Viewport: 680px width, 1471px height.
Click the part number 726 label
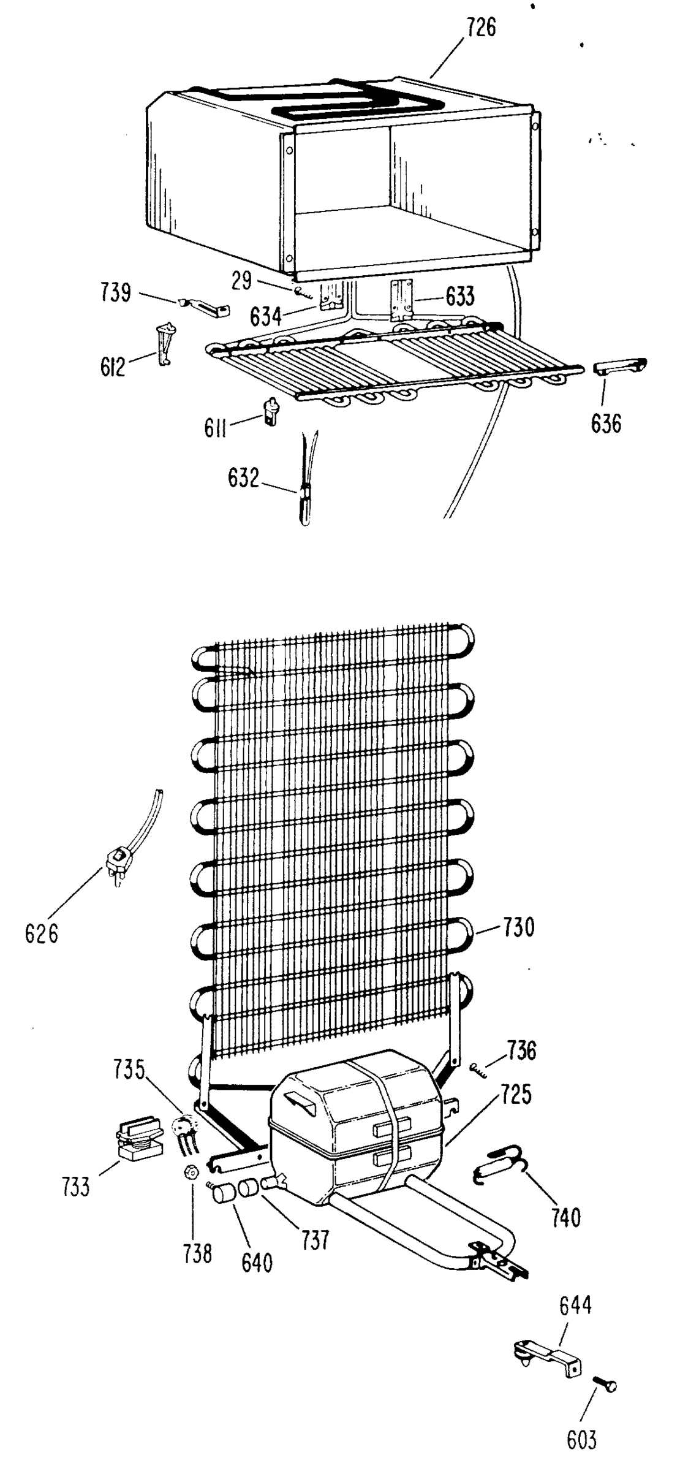click(481, 28)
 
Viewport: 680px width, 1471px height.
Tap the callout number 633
click(459, 297)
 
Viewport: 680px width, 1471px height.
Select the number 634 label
click(266, 317)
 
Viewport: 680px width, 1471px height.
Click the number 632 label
click(243, 478)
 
